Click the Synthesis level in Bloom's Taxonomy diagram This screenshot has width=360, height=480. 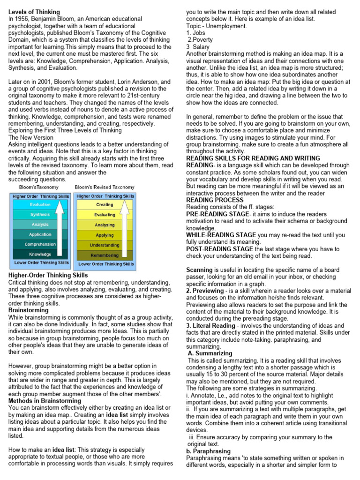(x=40, y=215)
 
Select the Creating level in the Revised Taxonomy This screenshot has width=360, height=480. (x=105, y=205)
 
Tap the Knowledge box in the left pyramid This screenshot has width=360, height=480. (x=40, y=255)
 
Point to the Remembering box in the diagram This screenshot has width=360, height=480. (x=105, y=255)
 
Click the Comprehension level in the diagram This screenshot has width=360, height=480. (x=40, y=245)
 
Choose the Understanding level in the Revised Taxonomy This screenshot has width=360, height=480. (x=105, y=245)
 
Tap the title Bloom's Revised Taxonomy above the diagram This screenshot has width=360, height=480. (x=105, y=187)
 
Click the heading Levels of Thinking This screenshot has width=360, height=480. (x=34, y=11)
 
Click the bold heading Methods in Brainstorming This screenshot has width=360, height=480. (x=45, y=401)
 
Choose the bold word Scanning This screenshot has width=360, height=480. (x=200, y=270)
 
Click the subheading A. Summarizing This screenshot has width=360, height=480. (x=210, y=353)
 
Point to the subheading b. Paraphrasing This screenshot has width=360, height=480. (x=207, y=451)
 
